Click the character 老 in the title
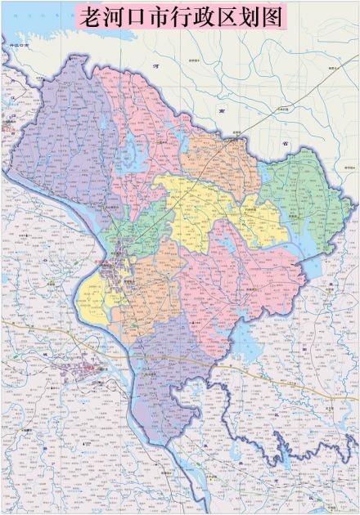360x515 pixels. point(88,19)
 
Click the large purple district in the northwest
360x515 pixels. point(61,139)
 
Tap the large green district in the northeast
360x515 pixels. point(315,196)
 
